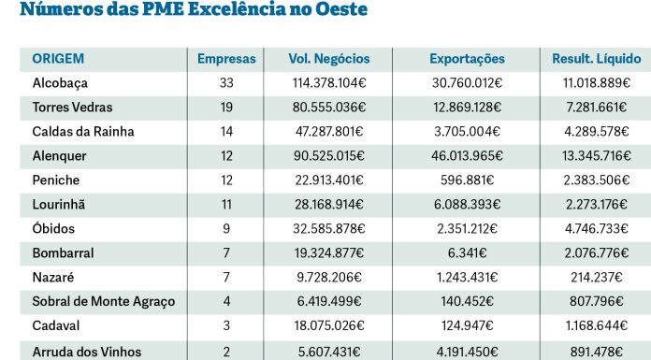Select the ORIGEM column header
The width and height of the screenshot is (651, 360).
click(58, 59)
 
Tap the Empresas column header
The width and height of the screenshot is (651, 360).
click(225, 59)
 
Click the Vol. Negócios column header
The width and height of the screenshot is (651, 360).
click(329, 59)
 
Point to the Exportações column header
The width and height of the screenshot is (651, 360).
click(467, 59)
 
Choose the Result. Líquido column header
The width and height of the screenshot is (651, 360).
click(596, 59)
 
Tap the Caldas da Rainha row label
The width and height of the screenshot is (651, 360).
click(83, 132)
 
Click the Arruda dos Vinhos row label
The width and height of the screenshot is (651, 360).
click(89, 351)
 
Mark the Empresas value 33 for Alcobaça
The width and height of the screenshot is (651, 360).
click(225, 83)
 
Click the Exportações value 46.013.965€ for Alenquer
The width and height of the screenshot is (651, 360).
click(467, 156)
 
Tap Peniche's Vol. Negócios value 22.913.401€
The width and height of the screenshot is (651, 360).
click(329, 180)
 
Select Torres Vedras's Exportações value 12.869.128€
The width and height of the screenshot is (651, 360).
click(467, 108)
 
